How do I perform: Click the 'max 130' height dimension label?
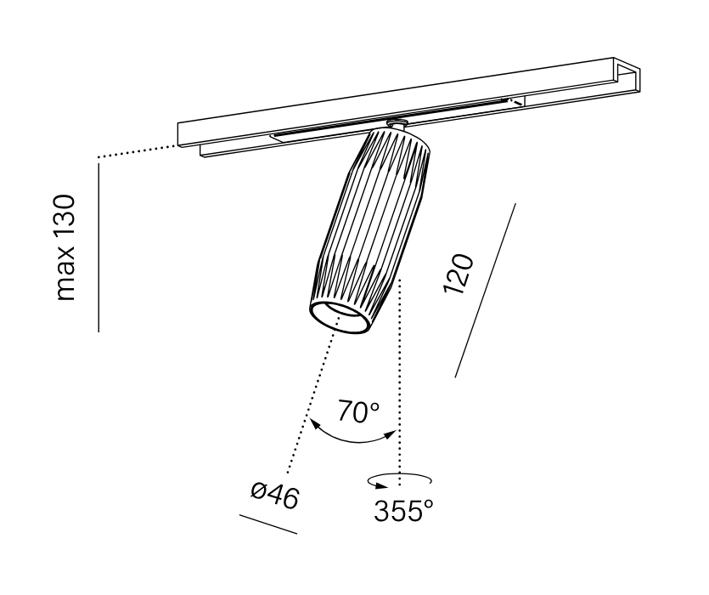65,247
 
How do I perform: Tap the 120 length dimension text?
459,274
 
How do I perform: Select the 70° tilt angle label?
358,411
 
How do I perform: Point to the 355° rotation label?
403,510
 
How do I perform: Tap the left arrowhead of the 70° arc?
314,424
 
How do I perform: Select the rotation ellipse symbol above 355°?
399,480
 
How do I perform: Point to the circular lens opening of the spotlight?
339,318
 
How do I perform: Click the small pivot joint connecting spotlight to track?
397,123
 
